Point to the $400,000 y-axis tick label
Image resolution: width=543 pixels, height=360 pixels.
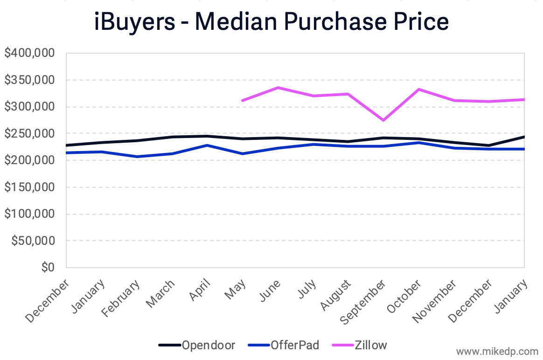click(x=30, y=53)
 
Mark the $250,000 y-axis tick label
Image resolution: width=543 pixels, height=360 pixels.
click(x=30, y=134)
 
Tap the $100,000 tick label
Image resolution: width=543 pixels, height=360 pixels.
click(x=30, y=214)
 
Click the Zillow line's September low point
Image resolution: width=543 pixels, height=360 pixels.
click(x=383, y=120)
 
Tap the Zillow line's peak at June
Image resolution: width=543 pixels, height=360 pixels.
click(x=278, y=88)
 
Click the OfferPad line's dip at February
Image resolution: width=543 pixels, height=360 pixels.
click(x=137, y=157)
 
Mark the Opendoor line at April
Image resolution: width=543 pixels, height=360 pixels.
click(x=207, y=136)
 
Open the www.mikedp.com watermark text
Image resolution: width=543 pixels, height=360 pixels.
click(x=497, y=351)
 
